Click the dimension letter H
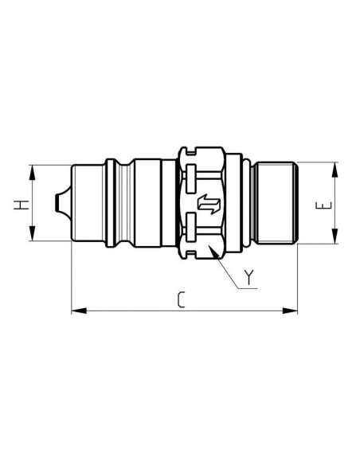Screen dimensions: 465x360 (x=22, y=203)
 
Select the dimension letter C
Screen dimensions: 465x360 (x=182, y=300)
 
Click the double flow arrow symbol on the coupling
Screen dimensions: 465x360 (x=208, y=204)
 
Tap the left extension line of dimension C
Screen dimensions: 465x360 (x=71, y=279)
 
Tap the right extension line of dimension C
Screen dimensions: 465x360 (x=298, y=279)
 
